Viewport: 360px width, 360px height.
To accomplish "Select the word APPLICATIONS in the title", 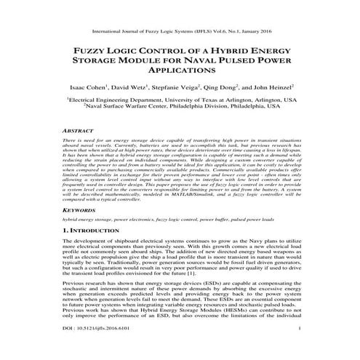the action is [180, 73].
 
